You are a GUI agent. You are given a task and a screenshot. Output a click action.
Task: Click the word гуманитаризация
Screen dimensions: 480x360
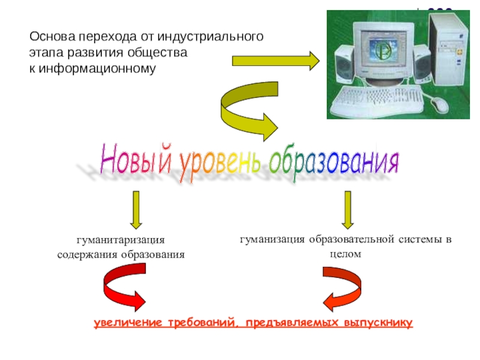coord(120,240)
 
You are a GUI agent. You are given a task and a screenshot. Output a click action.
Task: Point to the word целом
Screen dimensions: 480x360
coord(346,254)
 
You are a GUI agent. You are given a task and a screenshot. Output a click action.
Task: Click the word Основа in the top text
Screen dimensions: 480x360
coord(50,37)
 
